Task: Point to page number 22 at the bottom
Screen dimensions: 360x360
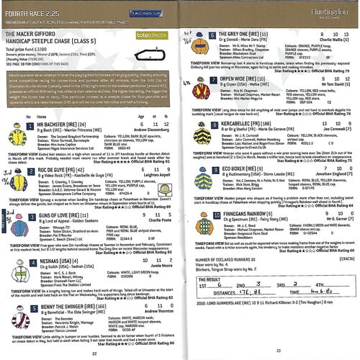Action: tap(94, 353)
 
